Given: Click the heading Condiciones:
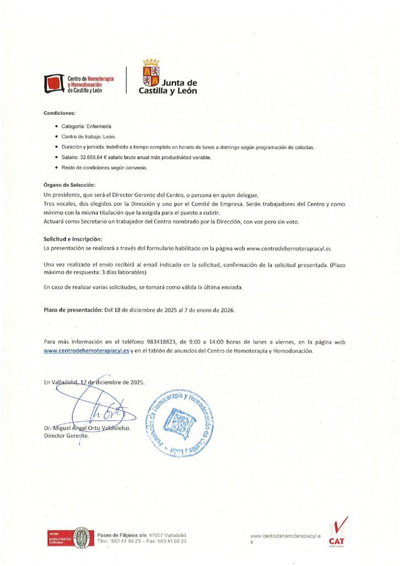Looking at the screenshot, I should tap(59, 113).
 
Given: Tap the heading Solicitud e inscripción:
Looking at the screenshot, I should tap(73, 239).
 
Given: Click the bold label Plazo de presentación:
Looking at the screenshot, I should tap(73, 310).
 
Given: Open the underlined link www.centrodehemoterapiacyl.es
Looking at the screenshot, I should tap(86, 350).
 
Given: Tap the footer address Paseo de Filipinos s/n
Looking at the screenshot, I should tap(126, 535).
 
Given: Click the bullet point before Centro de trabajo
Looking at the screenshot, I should tap(56, 137).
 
